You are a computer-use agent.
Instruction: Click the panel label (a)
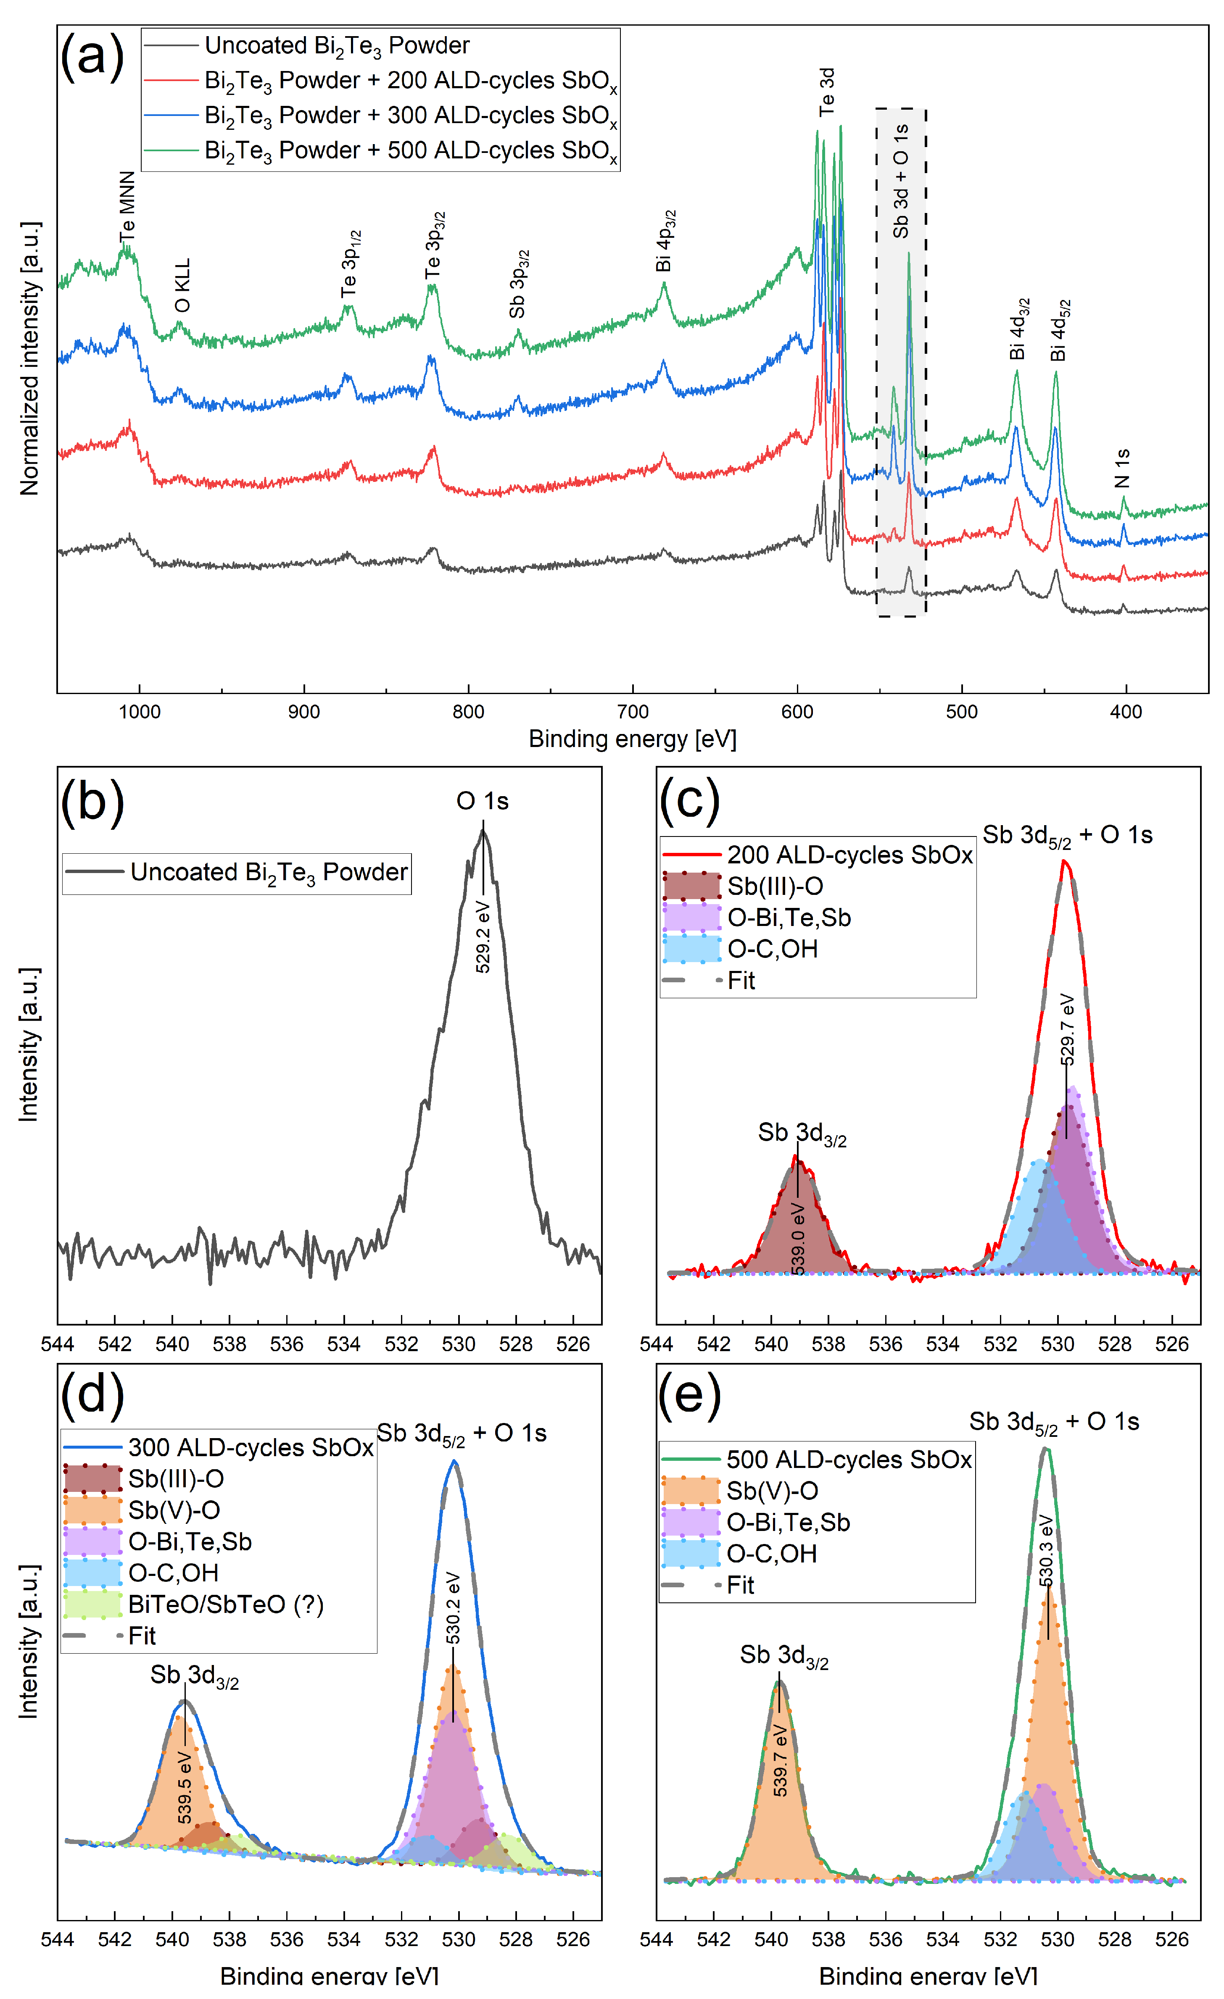[92, 57]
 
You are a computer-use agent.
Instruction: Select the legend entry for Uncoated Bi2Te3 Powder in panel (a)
[336, 45]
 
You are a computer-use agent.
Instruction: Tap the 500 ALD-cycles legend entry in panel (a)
[410, 151]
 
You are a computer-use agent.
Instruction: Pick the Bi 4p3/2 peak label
[665, 241]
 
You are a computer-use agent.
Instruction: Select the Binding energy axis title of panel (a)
[632, 739]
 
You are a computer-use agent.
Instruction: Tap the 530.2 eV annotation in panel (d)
[454, 1609]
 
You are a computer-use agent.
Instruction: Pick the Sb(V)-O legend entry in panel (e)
[772, 1491]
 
